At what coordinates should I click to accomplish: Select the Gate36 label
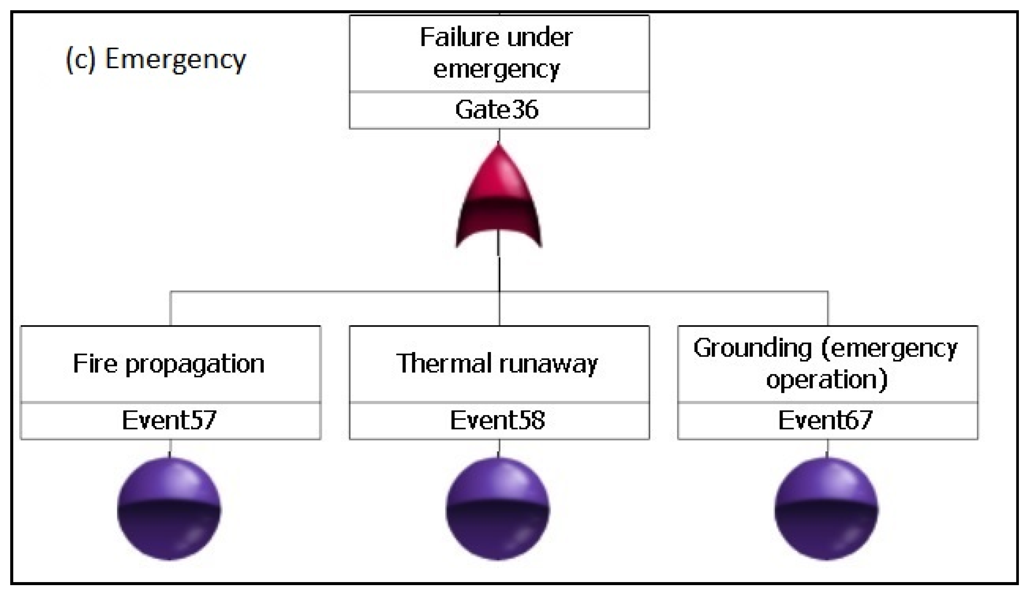[496, 110]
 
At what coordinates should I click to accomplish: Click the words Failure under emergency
[496, 53]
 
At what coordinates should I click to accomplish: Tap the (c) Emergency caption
[156, 59]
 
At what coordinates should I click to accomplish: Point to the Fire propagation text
[168, 363]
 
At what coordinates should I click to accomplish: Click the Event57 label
[169, 420]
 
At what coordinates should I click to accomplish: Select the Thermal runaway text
[497, 363]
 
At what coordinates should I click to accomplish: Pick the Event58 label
[497, 420]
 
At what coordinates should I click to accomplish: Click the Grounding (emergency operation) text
[826, 363]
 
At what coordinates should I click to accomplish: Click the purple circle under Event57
[169, 508]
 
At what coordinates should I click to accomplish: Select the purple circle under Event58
[498, 508]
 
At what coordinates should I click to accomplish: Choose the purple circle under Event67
[826, 508]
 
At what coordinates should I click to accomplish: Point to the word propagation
[195, 364]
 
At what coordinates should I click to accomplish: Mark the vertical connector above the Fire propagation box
[171, 309]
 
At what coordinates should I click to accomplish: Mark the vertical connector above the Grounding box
[828, 309]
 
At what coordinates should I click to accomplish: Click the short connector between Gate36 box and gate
[499, 135]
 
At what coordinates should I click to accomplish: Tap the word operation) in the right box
[827, 380]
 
